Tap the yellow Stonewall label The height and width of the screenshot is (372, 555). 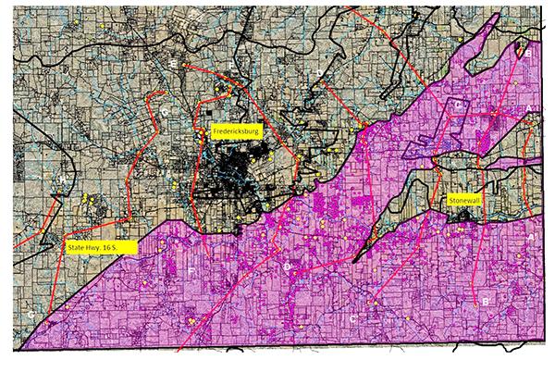(x=460, y=200)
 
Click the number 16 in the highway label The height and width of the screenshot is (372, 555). (x=117, y=247)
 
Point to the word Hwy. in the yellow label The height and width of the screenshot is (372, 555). (x=99, y=247)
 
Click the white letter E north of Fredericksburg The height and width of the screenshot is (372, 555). (x=173, y=63)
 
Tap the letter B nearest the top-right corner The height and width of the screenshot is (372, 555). (x=527, y=53)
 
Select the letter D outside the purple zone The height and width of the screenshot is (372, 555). (x=319, y=72)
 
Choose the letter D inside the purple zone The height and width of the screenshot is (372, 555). (x=288, y=267)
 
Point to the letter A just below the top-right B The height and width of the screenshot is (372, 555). (x=528, y=108)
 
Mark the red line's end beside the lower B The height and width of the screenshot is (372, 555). (x=477, y=305)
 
